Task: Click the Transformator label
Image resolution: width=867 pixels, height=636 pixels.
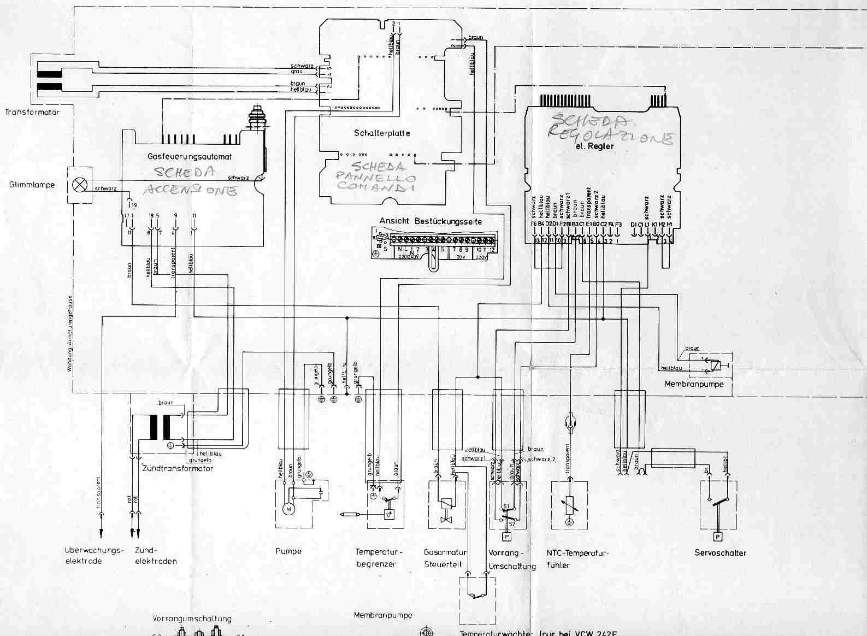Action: point(32,112)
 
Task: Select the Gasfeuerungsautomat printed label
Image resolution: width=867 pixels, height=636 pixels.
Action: point(190,156)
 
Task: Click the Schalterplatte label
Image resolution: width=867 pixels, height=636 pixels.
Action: point(382,133)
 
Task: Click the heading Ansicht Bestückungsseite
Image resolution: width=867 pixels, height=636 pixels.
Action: point(430,221)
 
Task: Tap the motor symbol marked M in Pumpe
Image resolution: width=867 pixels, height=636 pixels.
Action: point(288,509)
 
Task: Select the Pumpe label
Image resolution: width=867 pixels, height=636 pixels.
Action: point(288,551)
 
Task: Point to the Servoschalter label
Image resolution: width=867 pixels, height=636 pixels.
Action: point(720,553)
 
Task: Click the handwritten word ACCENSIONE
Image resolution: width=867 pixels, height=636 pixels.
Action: point(191,190)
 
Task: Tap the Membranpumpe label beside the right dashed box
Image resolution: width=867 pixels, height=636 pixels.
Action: point(694,384)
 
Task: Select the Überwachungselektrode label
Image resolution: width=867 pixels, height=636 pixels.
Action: point(91,556)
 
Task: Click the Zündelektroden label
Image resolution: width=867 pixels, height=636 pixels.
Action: point(156,556)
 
